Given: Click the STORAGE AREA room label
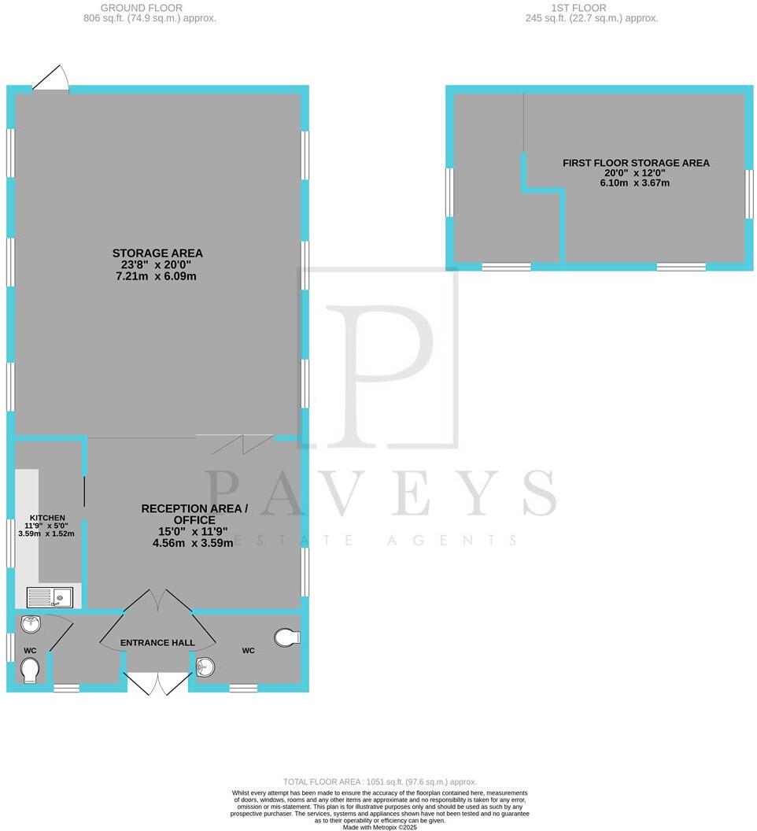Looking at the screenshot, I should coord(157,253).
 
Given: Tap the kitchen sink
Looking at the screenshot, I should coord(50,598).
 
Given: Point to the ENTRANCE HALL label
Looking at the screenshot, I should coord(157,643).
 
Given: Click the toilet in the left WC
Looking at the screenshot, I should coord(30,671).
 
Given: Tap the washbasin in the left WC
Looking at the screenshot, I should coord(31,625).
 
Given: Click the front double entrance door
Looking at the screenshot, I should coord(157,683).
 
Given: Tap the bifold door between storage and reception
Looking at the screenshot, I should coord(234,444).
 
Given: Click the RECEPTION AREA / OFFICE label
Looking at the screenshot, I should coord(194,514).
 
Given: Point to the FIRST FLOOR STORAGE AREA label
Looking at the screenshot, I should coord(636,163).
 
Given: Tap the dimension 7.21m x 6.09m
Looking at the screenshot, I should coord(157,276).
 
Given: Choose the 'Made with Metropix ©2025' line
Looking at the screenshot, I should coord(378,826).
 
